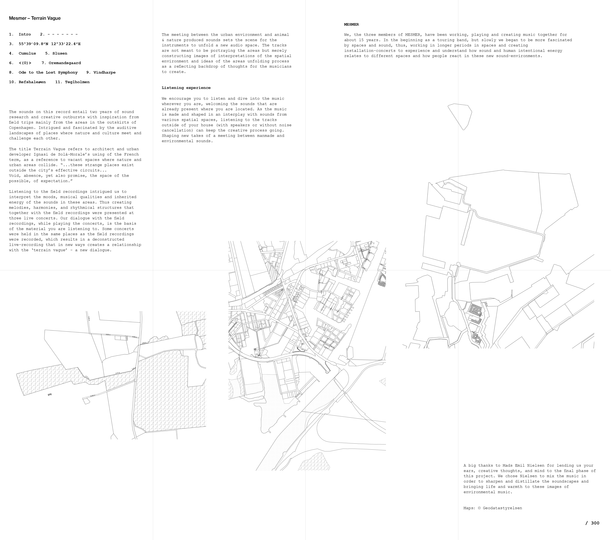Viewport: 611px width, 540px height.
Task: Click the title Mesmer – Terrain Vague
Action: point(35,18)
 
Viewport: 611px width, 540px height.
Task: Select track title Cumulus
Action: point(27,53)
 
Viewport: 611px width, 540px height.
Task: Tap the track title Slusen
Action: point(60,53)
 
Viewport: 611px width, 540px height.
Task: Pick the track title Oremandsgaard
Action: point(65,63)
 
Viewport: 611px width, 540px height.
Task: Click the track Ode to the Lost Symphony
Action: point(48,73)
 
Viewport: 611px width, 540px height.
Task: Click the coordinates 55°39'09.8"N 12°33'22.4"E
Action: point(50,44)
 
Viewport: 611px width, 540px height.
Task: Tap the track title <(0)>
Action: point(25,63)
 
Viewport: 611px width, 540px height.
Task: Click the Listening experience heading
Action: point(186,88)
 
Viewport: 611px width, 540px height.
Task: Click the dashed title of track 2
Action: point(63,34)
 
